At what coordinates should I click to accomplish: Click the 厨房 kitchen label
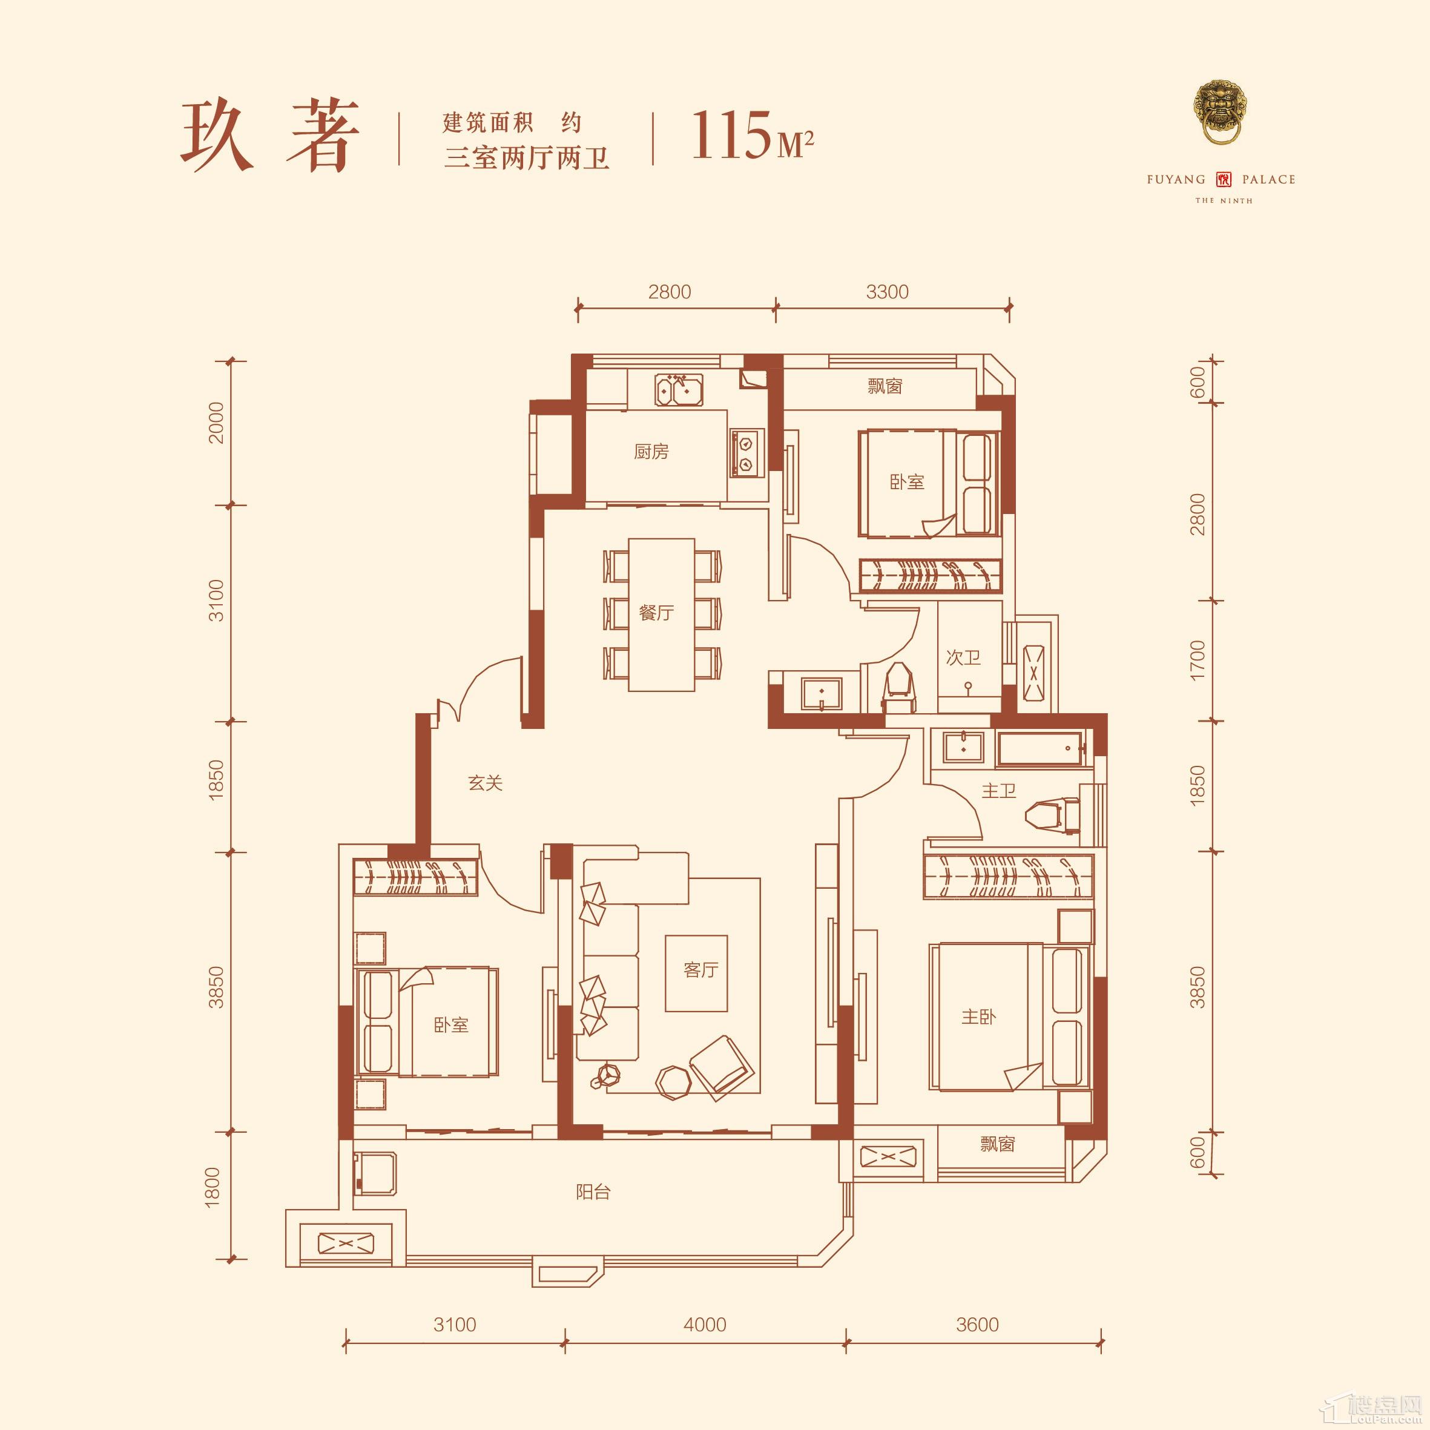tap(651, 452)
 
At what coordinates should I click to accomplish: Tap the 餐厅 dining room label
tap(656, 613)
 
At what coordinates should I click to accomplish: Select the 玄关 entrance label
tap(486, 783)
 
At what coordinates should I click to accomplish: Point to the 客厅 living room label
tap(701, 970)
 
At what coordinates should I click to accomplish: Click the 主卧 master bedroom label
tap(978, 1017)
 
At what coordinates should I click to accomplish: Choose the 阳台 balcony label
tap(593, 1191)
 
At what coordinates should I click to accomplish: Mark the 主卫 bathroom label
tap(998, 791)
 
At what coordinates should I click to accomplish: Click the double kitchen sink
tap(679, 389)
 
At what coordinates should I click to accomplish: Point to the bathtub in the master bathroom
tap(1040, 748)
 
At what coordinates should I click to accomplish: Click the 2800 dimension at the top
tap(669, 292)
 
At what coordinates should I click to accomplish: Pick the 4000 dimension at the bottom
tap(705, 1324)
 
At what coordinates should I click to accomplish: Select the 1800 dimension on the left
tap(213, 1187)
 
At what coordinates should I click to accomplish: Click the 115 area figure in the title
tap(731, 136)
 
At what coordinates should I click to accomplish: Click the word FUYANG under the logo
tap(1176, 179)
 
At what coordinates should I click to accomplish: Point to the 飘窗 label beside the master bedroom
tap(997, 1144)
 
